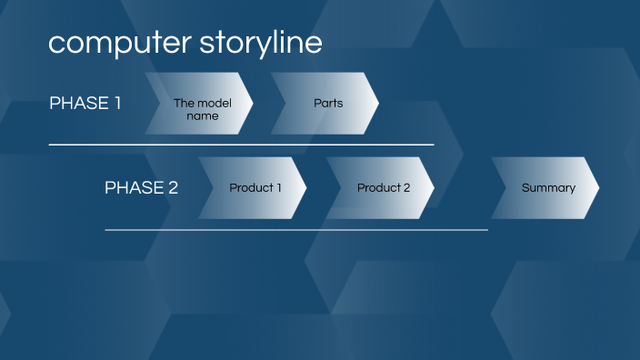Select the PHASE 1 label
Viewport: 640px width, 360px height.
click(85, 103)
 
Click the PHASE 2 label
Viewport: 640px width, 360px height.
click(141, 188)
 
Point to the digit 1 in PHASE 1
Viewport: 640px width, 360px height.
click(116, 103)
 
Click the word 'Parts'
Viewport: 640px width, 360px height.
click(328, 104)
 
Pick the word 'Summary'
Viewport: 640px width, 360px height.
click(548, 188)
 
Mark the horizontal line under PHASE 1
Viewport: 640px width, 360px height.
click(241, 145)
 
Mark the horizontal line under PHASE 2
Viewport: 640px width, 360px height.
click(296, 230)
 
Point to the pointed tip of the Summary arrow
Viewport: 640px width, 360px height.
click(597, 188)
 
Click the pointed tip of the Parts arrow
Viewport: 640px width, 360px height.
click(376, 104)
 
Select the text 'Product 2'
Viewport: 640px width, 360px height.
click(383, 188)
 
